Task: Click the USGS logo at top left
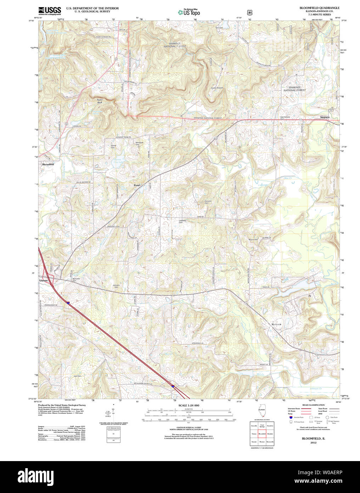pos(50,10)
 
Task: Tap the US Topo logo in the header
pos(189,12)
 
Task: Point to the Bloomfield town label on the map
pos(48,165)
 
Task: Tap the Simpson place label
pos(325,117)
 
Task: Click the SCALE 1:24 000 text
pos(189,405)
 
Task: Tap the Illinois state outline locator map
pos(261,412)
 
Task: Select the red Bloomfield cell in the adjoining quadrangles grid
pos(262,433)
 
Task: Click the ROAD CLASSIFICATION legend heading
pos(313,405)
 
